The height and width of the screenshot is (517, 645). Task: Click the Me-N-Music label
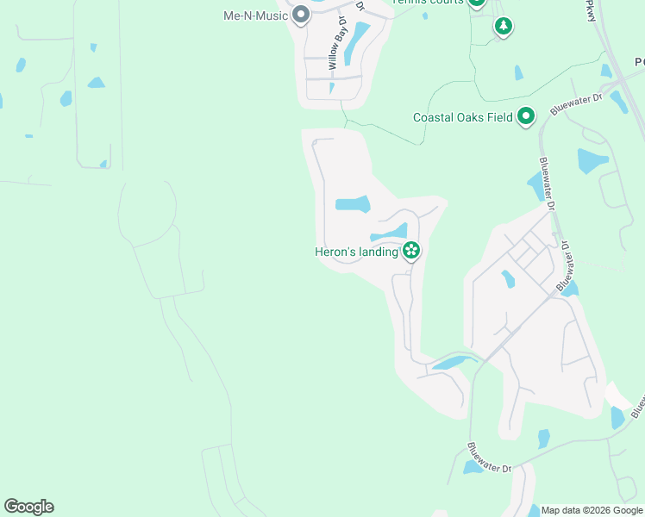tap(255, 16)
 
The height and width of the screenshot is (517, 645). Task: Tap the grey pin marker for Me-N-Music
tap(301, 15)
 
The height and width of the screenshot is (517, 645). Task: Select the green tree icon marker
tap(504, 26)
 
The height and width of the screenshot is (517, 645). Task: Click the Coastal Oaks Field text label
tap(463, 117)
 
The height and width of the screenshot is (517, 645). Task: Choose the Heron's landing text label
tap(355, 252)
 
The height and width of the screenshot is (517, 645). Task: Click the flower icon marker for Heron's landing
tap(411, 251)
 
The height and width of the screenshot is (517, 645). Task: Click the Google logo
tap(28, 507)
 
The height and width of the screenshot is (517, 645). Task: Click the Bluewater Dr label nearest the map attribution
tap(490, 457)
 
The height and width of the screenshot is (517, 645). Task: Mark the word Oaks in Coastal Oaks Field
tap(480, 117)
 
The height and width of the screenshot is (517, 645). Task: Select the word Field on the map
tap(500, 117)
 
